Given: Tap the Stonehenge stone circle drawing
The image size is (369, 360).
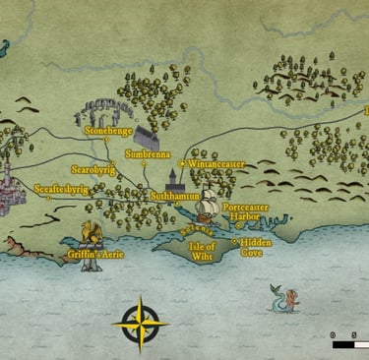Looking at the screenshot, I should tap(102, 112).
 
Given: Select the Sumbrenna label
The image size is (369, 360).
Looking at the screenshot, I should tap(148, 154).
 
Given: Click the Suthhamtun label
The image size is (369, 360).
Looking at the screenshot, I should tap(176, 196).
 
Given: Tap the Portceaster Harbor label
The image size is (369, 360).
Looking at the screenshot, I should tap(245, 213).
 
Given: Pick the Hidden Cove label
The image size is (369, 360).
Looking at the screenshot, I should tap(257, 246).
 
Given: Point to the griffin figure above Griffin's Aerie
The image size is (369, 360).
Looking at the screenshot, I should tap(91, 234).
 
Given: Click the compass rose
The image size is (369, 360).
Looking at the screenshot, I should tap(140, 322).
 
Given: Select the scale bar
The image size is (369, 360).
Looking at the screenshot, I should tap(349, 344).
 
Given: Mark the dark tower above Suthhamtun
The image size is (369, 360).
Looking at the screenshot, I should tap(173, 178).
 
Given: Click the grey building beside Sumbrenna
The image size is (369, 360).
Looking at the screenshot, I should tap(147, 136).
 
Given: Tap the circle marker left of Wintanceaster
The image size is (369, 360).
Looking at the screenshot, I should tap(183, 163).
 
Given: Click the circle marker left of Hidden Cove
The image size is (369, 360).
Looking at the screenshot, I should tap(234, 241).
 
